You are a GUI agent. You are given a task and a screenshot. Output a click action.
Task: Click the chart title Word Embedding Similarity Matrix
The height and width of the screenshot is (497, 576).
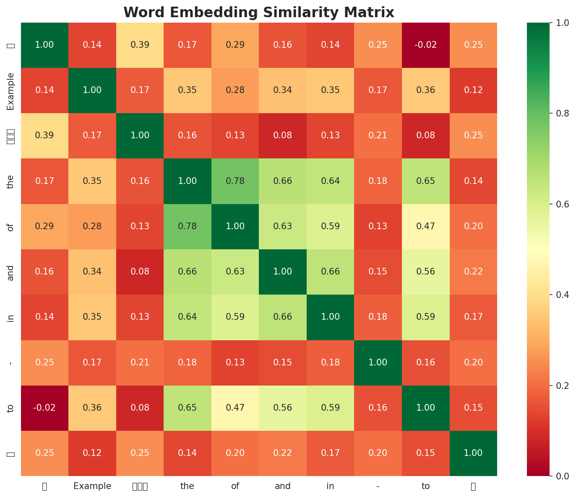pyautogui.click(x=258, y=13)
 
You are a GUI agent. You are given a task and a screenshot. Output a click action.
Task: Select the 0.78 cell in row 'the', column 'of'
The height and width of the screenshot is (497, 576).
pyautogui.click(x=235, y=181)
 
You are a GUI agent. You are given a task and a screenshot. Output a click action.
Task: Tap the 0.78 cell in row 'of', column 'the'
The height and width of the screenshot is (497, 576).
pyautogui.click(x=187, y=226)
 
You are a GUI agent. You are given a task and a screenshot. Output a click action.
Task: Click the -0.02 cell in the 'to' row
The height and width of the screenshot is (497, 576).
pyautogui.click(x=44, y=408)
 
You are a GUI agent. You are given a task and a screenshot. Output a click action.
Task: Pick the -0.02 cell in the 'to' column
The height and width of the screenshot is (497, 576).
pyautogui.click(x=425, y=45)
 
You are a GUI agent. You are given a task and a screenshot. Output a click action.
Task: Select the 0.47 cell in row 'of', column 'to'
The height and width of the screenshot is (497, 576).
pyautogui.click(x=425, y=226)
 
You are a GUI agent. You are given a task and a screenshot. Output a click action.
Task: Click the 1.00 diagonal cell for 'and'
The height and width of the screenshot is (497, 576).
pyautogui.click(x=283, y=272)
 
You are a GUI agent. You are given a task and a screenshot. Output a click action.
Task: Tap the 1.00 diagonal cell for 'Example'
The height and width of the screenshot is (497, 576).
pyautogui.click(x=92, y=90)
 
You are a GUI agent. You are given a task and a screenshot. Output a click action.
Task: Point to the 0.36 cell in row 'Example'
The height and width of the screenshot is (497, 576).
pyautogui.click(x=425, y=90)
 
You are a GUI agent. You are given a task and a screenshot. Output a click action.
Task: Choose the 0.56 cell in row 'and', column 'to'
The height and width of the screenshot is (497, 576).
pyautogui.click(x=425, y=272)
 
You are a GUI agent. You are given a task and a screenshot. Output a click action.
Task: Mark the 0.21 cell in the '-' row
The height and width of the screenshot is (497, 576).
pyautogui.click(x=140, y=362)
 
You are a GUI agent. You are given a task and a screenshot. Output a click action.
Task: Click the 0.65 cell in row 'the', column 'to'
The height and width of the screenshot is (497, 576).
pyautogui.click(x=425, y=181)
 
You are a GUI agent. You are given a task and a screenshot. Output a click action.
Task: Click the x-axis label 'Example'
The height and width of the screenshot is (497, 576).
pyautogui.click(x=92, y=486)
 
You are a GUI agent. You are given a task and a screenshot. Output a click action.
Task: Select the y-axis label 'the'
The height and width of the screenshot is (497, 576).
pyautogui.click(x=11, y=181)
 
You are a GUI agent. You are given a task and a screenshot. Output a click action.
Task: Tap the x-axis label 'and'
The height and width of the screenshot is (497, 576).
pyautogui.click(x=283, y=486)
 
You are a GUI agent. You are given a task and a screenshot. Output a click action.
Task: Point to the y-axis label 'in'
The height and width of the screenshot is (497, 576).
pyautogui.click(x=11, y=317)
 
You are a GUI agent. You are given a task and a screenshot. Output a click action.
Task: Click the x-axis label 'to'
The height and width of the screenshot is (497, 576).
pyautogui.click(x=425, y=486)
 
